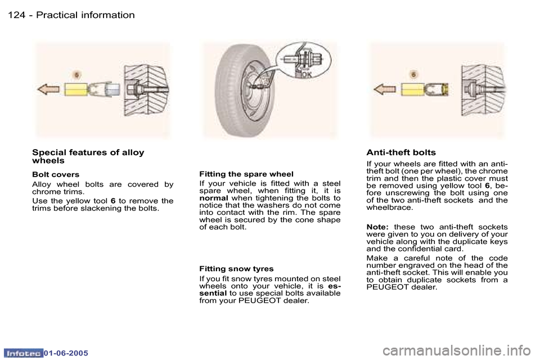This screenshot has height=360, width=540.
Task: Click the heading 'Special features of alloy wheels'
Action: coord(88,156)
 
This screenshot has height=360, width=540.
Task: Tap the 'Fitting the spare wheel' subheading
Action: coord(246,174)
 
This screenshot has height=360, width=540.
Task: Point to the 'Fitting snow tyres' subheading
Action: coord(236,269)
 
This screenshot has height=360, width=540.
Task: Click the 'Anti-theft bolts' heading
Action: coord(400,152)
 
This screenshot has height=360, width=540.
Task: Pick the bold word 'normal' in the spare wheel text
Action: coord(214,198)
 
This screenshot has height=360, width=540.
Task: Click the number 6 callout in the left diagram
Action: coord(78,74)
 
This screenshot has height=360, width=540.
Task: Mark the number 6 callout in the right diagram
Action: coord(414,74)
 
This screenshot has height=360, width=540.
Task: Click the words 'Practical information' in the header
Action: coord(85,15)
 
